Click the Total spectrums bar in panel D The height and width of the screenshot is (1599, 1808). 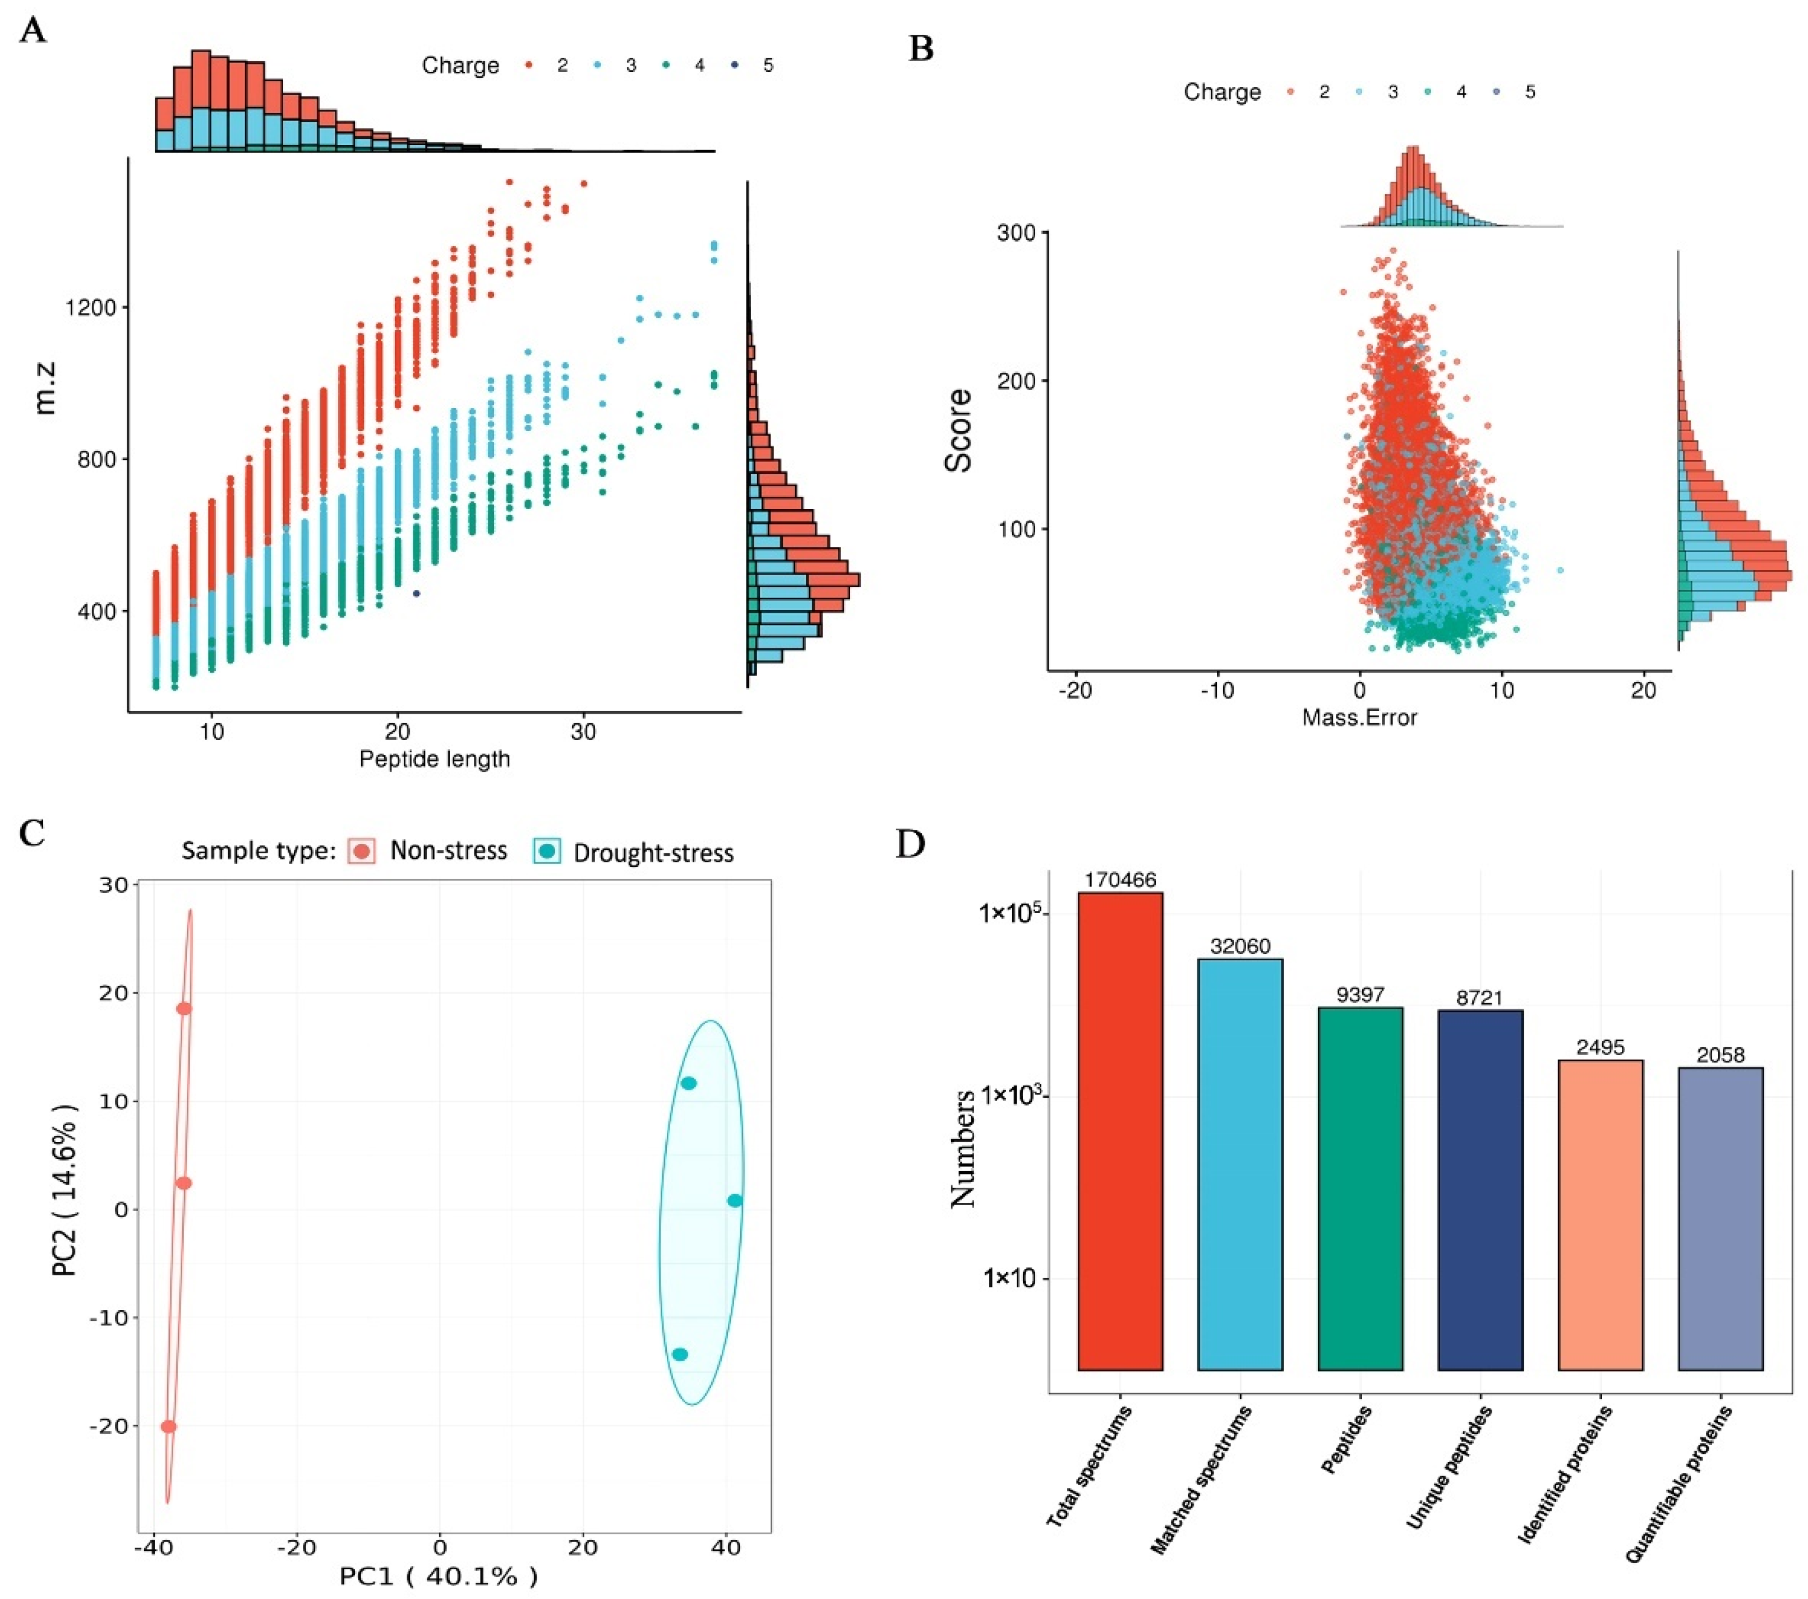pos(1120,1132)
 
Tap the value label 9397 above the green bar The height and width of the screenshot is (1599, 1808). pos(1359,995)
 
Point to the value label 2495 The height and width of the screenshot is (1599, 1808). pos(1600,1047)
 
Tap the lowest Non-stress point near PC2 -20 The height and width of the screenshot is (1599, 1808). pos(168,1426)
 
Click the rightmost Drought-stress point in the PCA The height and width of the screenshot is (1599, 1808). pos(734,1200)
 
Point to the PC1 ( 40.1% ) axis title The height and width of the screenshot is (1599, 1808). pos(438,1576)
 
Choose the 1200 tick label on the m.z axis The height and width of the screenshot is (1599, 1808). pos(90,308)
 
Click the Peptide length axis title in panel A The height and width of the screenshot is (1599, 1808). pos(434,759)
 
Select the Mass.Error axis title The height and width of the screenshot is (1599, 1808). pos(1359,717)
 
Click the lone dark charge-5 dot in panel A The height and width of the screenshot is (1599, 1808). pos(416,593)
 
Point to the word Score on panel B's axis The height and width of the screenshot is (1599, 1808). pos(958,430)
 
